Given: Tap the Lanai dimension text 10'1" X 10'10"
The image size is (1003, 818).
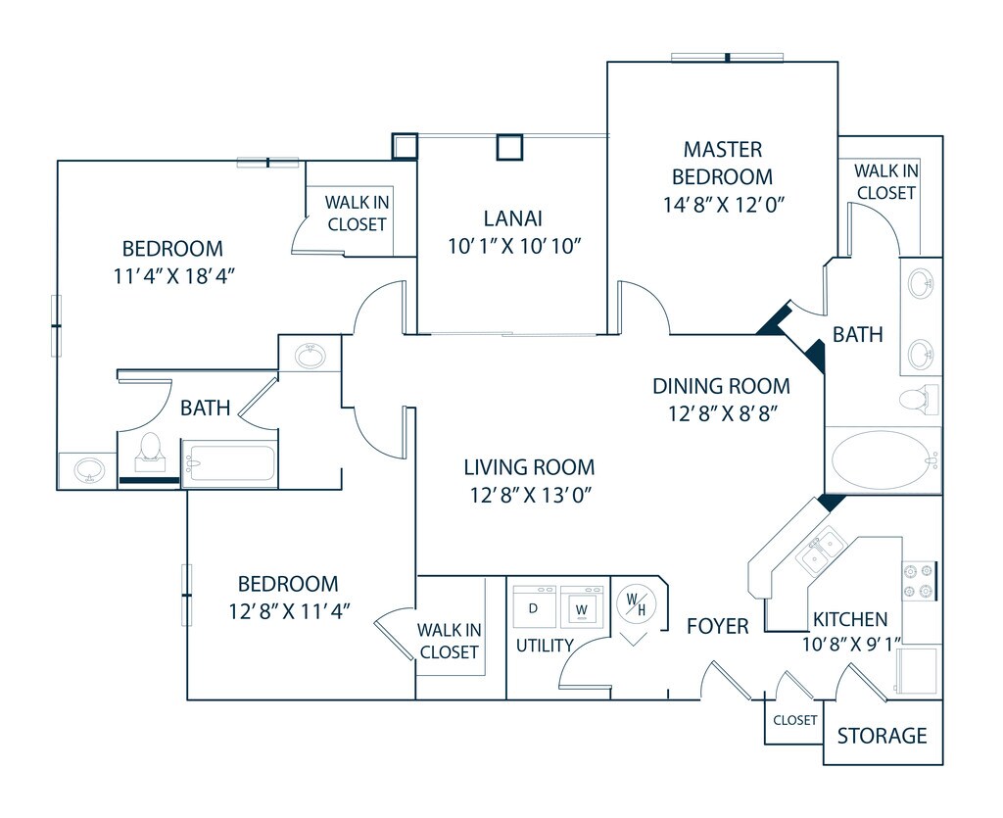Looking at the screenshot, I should click(514, 245).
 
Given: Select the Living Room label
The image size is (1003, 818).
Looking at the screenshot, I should click(529, 467).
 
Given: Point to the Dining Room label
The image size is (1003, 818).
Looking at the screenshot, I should click(721, 386).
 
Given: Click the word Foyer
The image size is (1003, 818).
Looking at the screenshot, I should click(717, 626).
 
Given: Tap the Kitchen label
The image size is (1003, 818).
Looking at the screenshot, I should click(849, 619).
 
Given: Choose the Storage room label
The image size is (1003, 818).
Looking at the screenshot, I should click(882, 735).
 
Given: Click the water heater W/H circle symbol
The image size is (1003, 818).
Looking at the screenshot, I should click(636, 605).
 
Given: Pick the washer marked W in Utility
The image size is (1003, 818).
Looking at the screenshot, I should click(582, 607).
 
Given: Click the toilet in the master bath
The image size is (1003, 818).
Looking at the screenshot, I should click(915, 399).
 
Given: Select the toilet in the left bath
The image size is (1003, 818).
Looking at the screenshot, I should click(149, 450).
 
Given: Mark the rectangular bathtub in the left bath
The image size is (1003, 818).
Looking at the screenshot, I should click(229, 462).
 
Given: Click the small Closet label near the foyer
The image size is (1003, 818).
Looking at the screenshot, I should click(794, 720).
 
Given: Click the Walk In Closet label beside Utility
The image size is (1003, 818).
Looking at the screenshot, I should click(449, 641).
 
